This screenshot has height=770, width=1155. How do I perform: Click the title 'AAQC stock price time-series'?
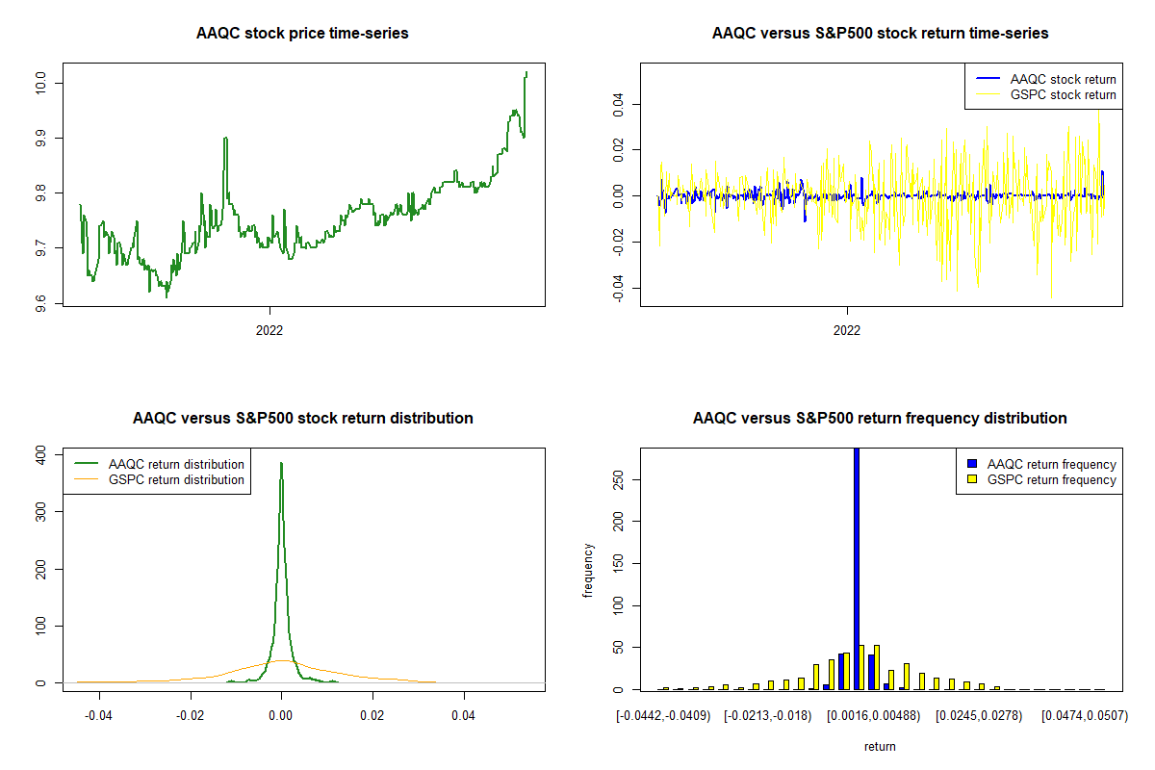pyautogui.click(x=302, y=34)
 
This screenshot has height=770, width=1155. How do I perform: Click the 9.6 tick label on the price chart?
pyautogui.click(x=40, y=303)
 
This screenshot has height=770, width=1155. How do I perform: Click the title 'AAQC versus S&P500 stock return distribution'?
pyautogui.click(x=302, y=419)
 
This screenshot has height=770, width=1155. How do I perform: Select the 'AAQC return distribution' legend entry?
pyautogui.click(x=176, y=464)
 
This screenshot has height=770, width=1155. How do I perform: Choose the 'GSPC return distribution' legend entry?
pyautogui.click(x=176, y=479)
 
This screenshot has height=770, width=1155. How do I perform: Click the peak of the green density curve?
pyautogui.click(x=281, y=463)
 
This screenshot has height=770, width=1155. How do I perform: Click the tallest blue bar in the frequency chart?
pyautogui.click(x=857, y=568)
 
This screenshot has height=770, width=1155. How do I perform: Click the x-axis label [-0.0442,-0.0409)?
pyautogui.click(x=664, y=716)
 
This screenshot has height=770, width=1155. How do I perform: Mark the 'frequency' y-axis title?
pyautogui.click(x=589, y=570)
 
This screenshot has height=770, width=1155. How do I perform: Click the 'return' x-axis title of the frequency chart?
pyautogui.click(x=880, y=746)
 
